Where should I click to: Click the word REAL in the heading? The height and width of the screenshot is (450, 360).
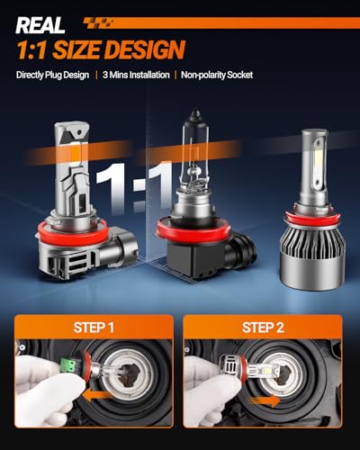[40, 25]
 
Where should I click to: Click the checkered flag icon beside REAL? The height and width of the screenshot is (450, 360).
[98, 23]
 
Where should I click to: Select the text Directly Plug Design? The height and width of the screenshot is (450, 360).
[52, 75]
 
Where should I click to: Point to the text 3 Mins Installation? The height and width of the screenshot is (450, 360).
[136, 75]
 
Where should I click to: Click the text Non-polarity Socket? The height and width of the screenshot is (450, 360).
[217, 75]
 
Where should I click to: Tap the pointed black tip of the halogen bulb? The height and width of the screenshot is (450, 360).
[195, 114]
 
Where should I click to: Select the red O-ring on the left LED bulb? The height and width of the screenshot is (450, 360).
[73, 231]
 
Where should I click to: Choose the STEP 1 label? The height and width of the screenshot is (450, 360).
[94, 328]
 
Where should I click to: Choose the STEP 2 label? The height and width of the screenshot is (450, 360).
[263, 328]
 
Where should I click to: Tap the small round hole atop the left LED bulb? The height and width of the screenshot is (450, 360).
[79, 131]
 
